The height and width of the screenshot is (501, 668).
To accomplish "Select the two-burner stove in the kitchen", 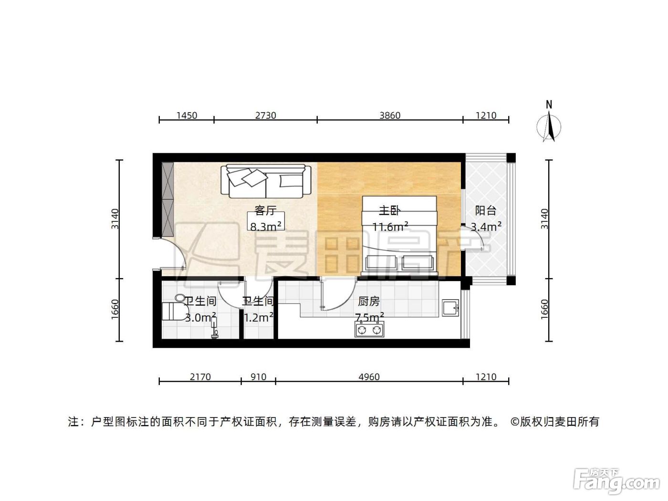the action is (x=369, y=329).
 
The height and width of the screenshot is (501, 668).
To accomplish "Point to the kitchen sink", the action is (x=450, y=308).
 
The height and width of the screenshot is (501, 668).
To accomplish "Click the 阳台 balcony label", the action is (x=485, y=211).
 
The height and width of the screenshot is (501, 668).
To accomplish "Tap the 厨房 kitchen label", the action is (x=369, y=302).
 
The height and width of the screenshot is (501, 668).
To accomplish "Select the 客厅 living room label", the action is (x=266, y=210).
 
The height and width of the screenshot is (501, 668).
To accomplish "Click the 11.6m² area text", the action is (x=390, y=227).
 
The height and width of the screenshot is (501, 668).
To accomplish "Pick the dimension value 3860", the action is (x=390, y=115).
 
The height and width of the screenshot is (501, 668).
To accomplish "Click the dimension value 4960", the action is (x=369, y=377).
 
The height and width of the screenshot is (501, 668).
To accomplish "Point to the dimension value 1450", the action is (x=187, y=115).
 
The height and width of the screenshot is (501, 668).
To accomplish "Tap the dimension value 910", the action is (x=259, y=377).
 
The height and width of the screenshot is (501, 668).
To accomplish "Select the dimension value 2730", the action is (x=266, y=115).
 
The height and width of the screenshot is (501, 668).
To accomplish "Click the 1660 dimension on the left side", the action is (x=115, y=310).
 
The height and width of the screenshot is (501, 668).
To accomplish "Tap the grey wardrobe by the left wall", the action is (x=167, y=199).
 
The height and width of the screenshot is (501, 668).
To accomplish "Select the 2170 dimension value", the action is (x=200, y=377).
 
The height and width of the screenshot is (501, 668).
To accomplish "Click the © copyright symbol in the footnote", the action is (x=515, y=422).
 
